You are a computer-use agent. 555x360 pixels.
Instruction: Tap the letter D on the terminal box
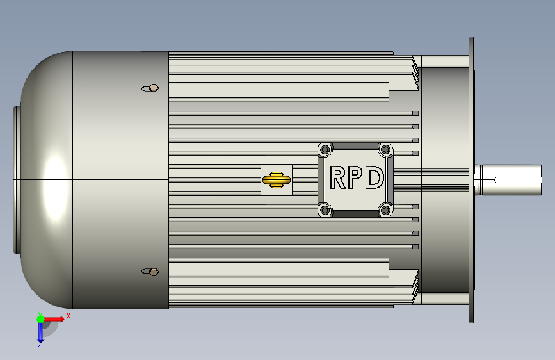coord(374,177)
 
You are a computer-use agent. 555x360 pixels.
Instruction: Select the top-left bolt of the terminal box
coord(325,149)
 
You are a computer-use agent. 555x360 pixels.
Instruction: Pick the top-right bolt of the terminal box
coord(385,149)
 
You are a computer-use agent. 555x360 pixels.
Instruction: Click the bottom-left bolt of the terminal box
coord(325,210)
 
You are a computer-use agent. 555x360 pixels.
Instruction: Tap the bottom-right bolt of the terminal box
coord(385,211)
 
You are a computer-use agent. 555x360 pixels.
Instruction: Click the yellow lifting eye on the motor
coord(277,179)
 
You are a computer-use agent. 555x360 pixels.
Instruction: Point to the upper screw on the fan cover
coord(150,88)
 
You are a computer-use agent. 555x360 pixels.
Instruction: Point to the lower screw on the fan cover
coord(150,272)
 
